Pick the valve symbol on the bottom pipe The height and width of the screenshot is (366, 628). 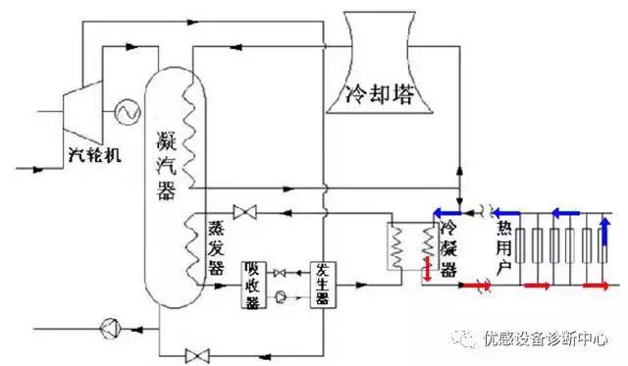click(198, 353)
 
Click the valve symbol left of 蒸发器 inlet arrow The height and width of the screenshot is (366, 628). click(241, 211)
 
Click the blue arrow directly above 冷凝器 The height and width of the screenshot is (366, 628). click(448, 210)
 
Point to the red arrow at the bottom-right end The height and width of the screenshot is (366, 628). click(596, 286)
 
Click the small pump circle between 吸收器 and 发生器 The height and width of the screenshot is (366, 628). click(282, 295)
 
